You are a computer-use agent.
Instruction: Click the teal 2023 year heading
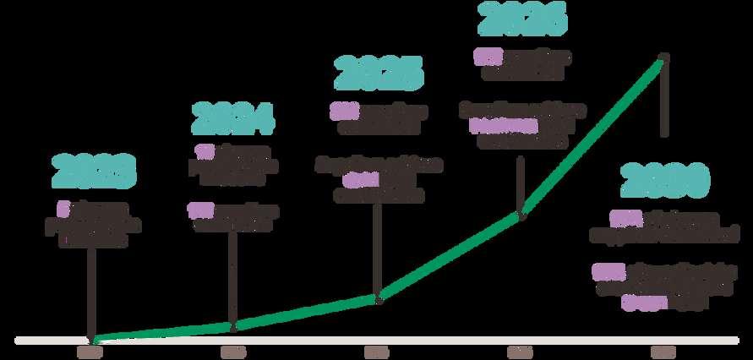(93, 172)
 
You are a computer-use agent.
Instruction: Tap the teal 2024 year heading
(232, 119)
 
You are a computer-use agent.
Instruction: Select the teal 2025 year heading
(378, 74)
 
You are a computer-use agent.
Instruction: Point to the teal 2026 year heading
(521, 19)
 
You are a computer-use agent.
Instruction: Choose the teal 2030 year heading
(664, 181)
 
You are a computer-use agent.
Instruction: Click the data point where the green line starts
(92, 340)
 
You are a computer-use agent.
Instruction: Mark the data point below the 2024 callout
(234, 325)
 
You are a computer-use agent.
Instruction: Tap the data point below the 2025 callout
(379, 297)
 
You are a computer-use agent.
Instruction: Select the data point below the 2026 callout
(522, 215)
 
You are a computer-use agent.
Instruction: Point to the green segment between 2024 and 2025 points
(306, 311)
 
